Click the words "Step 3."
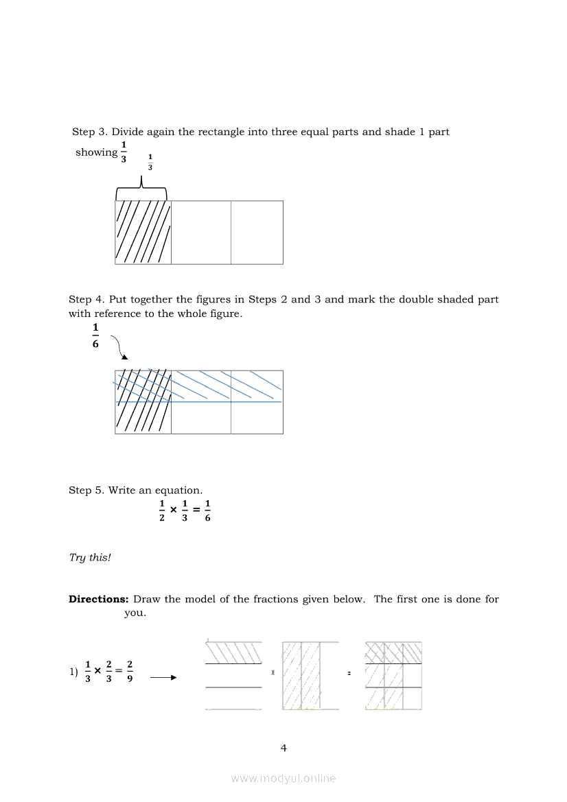pyautogui.click(x=90, y=132)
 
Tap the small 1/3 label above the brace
pyautogui.click(x=150, y=163)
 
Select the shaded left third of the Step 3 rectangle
pyautogui.click(x=143, y=232)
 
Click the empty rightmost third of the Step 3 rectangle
pyautogui.click(x=257, y=232)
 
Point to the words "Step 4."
pyautogui.click(x=86, y=300)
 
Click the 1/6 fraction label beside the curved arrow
pyautogui.click(x=95, y=335)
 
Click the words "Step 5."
pyautogui.click(x=86, y=491)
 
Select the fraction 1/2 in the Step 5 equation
pyautogui.click(x=162, y=511)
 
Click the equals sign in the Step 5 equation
pyautogui.click(x=196, y=511)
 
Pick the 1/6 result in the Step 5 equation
pyautogui.click(x=207, y=511)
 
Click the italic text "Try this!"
pyautogui.click(x=90, y=558)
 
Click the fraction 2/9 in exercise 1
pyautogui.click(x=130, y=672)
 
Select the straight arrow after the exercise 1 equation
pyautogui.click(x=163, y=678)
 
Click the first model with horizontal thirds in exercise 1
pyautogui.click(x=233, y=676)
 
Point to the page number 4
pyautogui.click(x=283, y=748)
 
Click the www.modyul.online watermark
pyautogui.click(x=283, y=779)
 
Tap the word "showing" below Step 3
pyautogui.click(x=96, y=152)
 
